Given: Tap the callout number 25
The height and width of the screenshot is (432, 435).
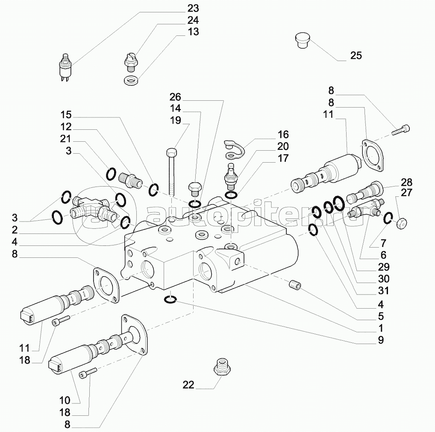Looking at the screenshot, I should point(356,55).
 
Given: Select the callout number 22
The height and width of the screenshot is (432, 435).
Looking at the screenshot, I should point(188,385).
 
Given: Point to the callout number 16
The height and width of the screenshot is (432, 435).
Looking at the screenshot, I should point(283,134).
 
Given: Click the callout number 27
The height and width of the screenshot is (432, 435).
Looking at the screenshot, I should point(407,193).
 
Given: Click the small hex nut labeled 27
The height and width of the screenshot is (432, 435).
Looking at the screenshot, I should point(402,222).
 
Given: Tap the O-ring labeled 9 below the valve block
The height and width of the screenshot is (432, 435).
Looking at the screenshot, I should point(170,300).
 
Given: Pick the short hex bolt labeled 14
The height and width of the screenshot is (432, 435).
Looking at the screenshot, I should point(194,188).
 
